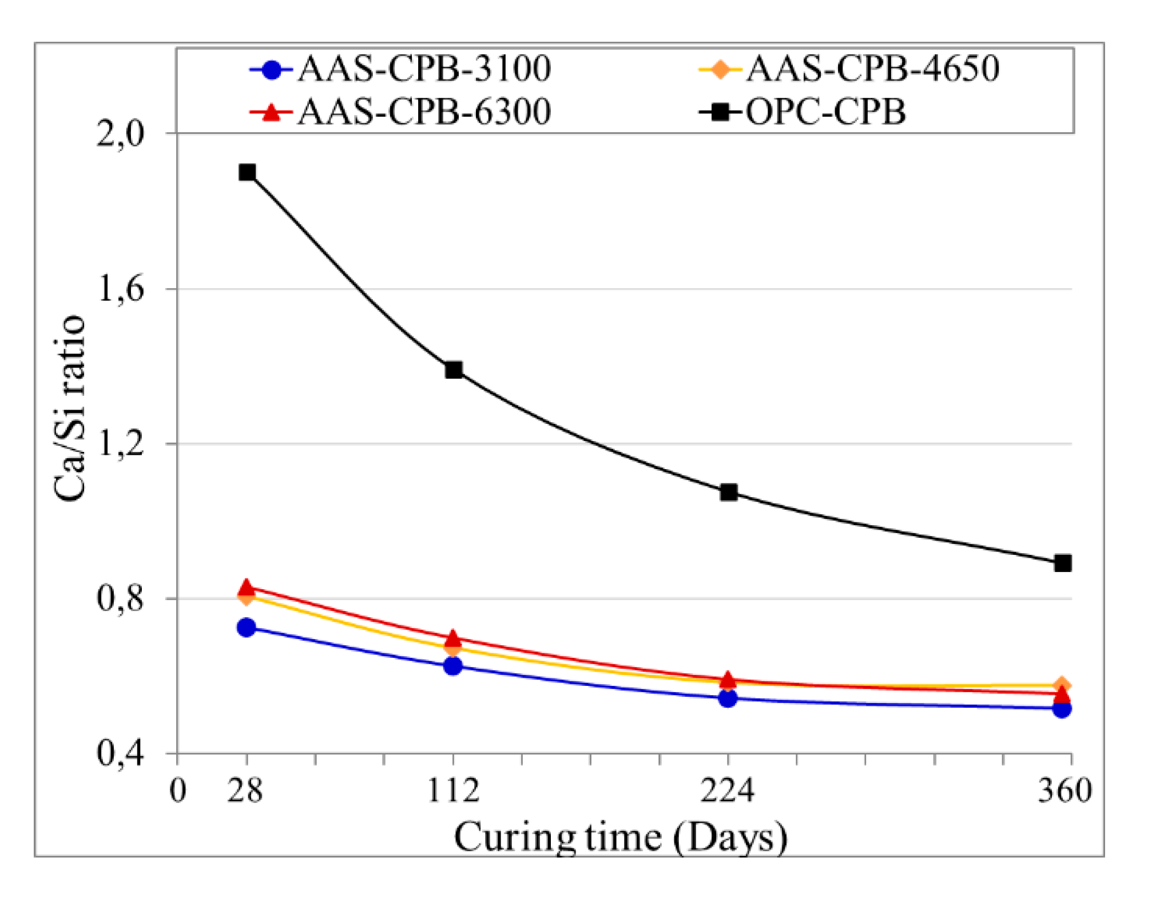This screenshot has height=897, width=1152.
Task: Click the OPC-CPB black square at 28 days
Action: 247,172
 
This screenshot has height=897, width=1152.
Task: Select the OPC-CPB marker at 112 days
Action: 454,370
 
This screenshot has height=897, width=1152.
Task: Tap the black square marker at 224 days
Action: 728,493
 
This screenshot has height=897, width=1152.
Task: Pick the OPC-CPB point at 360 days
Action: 1063,563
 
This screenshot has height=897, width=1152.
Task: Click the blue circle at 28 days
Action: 247,628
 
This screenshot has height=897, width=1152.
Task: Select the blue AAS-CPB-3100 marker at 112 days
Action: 453,666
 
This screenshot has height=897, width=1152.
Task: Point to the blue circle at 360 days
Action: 1062,709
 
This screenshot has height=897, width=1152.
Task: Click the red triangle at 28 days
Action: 247,588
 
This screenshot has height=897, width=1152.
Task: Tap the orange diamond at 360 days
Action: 1062,685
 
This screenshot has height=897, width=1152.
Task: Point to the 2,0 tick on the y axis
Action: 121,135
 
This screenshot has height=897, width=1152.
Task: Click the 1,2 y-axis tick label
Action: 121,444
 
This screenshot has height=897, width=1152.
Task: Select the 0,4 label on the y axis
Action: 121,753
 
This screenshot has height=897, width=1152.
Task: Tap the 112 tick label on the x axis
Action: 453,791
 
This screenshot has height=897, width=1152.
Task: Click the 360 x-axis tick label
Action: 1064,791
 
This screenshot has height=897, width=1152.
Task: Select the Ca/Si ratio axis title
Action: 70,408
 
